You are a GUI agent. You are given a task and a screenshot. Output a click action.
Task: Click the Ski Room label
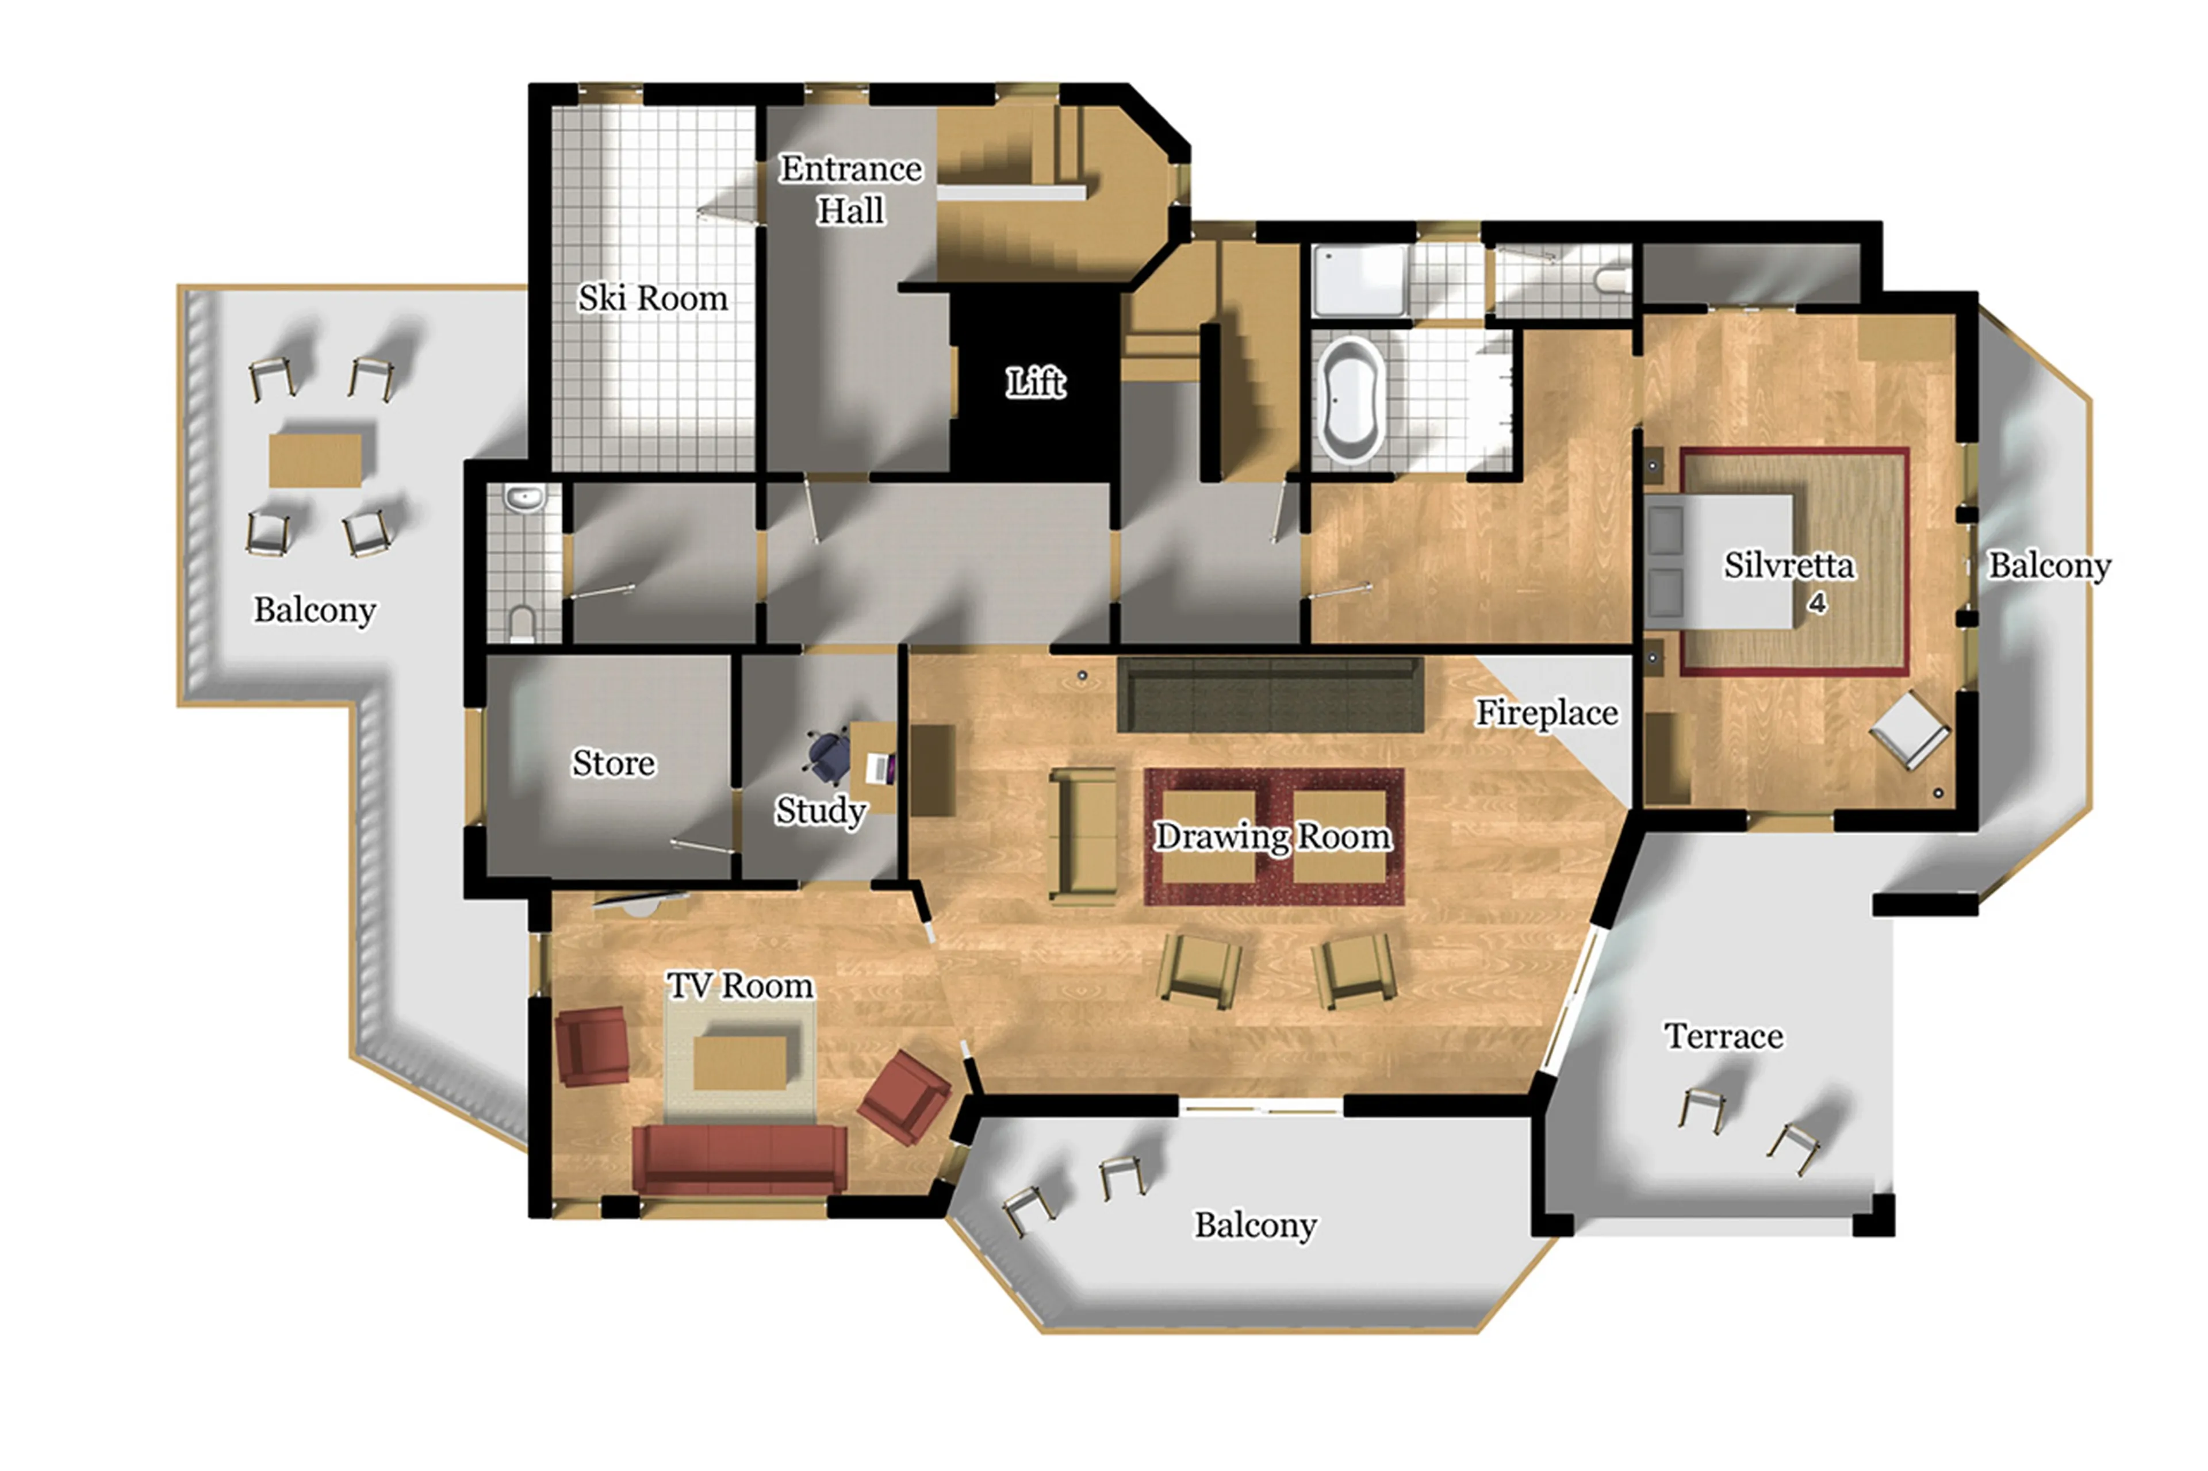click(652, 298)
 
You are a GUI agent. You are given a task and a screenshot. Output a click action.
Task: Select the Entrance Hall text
click(850, 190)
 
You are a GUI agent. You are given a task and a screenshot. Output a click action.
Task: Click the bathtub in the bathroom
click(1350, 401)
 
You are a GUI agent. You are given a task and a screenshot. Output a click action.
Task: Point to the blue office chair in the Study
click(827, 756)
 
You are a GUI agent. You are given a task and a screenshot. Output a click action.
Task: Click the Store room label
click(613, 763)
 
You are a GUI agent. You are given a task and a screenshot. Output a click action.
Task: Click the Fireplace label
click(1546, 713)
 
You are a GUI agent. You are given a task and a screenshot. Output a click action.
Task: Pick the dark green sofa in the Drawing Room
click(1270, 695)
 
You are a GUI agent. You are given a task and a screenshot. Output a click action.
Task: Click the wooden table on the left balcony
click(315, 460)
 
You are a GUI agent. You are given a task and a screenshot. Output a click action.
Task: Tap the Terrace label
click(1724, 1036)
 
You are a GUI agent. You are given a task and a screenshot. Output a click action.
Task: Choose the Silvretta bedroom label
click(1789, 566)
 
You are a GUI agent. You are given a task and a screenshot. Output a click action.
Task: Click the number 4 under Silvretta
click(1816, 602)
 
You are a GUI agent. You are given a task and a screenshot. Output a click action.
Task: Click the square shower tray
click(1358, 279)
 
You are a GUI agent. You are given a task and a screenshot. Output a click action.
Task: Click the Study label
click(820, 811)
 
